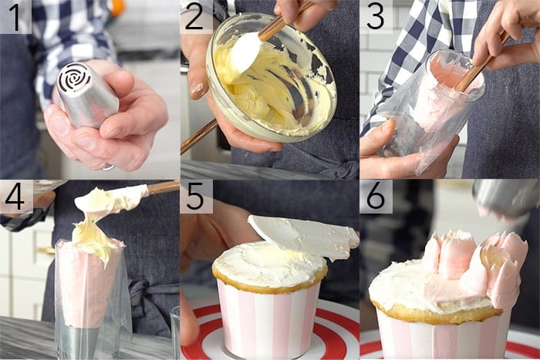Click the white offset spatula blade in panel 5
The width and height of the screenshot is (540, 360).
305,235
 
